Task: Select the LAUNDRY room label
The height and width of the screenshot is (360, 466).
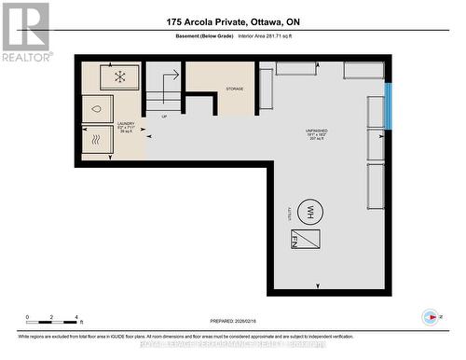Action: [126, 125]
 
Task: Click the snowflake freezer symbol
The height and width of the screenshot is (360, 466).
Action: [119, 76]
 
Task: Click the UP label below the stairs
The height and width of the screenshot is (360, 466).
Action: [165, 117]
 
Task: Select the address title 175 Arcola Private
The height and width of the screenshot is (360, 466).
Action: [233, 21]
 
